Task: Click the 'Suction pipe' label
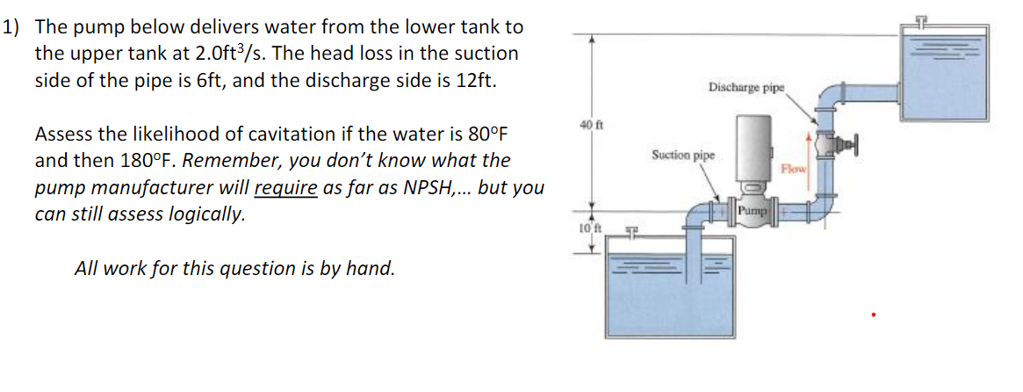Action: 683,156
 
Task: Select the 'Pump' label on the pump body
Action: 753,211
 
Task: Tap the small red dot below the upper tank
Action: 873,313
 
